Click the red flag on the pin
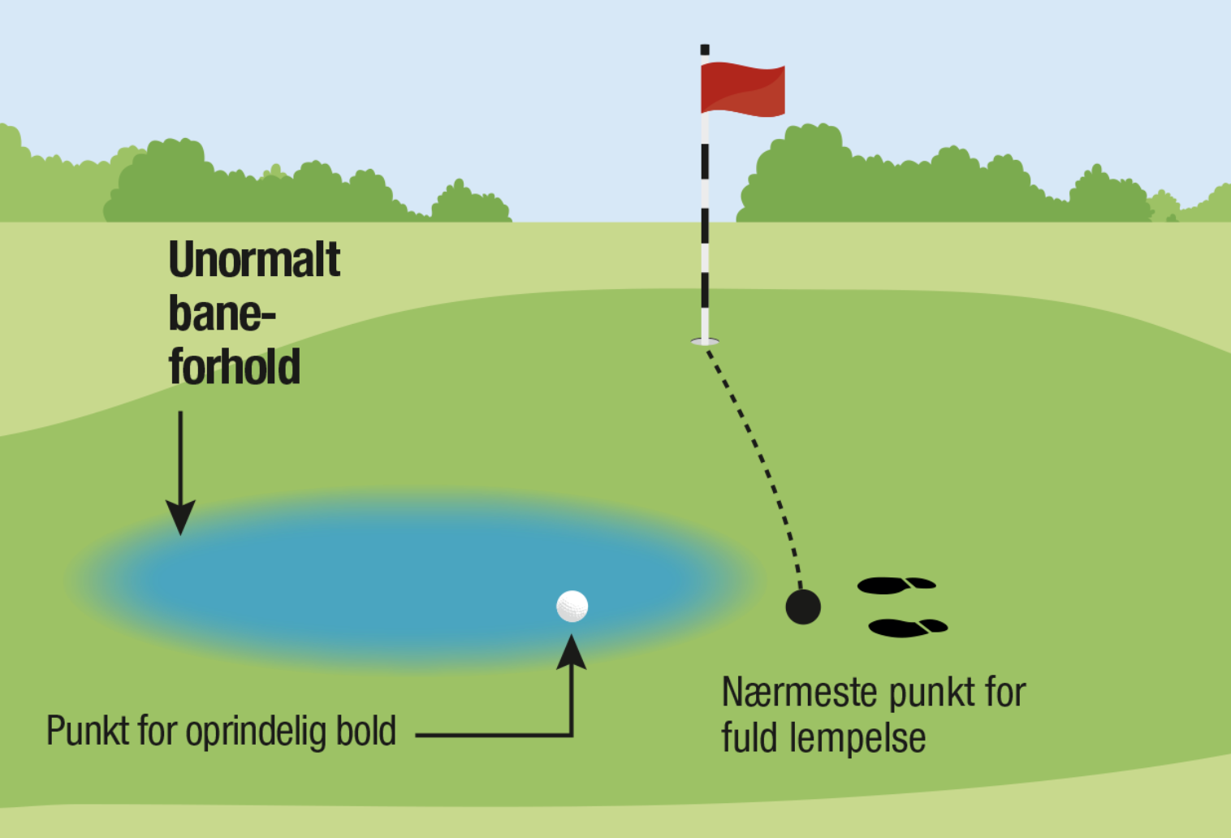coord(743,89)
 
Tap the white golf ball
coord(572,606)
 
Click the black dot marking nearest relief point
coord(803,607)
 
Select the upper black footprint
coord(896,585)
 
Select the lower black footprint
coord(908,628)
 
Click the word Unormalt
coord(254,259)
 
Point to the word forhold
coord(235,366)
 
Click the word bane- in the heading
coord(222,313)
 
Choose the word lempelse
coord(857,738)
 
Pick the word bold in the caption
coord(366,730)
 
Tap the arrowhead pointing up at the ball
coord(572,651)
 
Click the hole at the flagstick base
coord(705,341)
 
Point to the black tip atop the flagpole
coord(705,50)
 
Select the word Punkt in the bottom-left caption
coord(88,731)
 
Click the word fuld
coord(749,737)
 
